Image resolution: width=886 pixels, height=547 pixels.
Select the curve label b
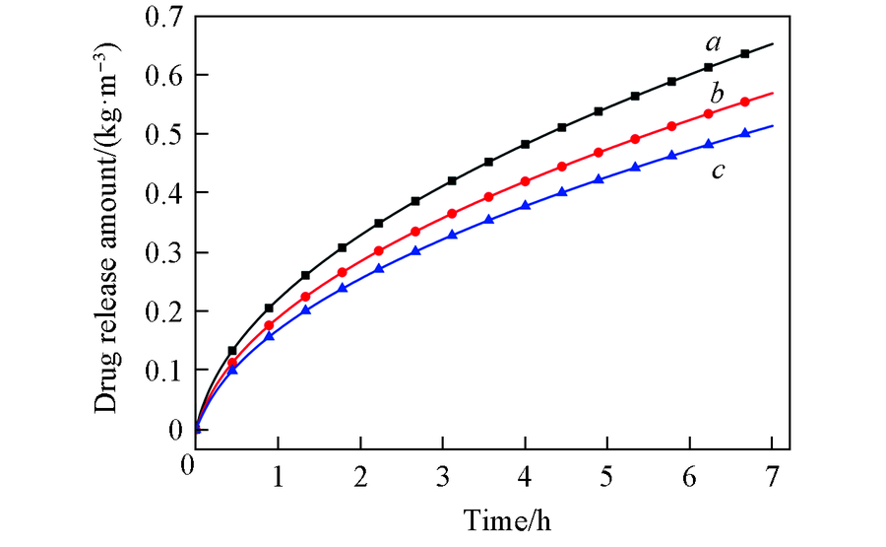coord(717,96)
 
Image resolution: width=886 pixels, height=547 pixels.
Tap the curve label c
coord(719,171)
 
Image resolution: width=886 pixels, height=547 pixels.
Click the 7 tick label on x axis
coord(772,471)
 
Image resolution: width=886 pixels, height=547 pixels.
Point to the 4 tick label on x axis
coord(526,471)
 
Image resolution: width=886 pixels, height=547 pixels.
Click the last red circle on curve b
coord(745,102)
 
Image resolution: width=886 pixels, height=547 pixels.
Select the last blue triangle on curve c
coord(745,133)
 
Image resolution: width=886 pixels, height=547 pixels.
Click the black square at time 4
coord(526,144)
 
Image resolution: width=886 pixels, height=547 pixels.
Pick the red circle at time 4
coord(526,181)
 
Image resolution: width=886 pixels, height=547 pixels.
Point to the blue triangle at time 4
coord(526,205)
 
